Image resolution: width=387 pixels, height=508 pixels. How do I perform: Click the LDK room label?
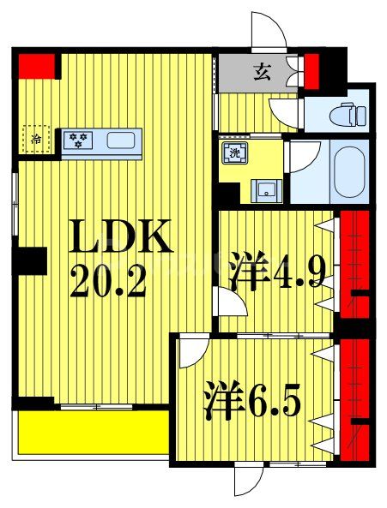(x=120, y=236)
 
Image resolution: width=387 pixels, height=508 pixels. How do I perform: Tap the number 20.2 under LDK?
(x=107, y=281)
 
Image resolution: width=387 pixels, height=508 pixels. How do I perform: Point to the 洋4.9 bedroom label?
(x=276, y=270)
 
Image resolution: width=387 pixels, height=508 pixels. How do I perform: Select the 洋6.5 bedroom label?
(x=251, y=399)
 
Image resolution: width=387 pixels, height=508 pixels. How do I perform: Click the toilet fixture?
(x=348, y=114)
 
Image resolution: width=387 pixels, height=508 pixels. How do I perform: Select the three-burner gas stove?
(x=78, y=140)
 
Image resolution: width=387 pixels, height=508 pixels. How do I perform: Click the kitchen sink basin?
(x=121, y=140)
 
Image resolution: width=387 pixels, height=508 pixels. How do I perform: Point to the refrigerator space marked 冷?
(x=36, y=140)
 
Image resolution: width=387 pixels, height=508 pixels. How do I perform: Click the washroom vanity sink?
(x=267, y=192)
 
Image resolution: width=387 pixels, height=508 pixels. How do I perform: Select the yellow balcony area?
(x=94, y=433)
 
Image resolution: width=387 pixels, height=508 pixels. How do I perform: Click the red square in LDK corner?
(x=36, y=66)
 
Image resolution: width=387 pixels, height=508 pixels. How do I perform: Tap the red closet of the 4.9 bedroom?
(x=354, y=264)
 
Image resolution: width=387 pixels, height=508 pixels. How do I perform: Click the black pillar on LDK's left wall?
(x=29, y=261)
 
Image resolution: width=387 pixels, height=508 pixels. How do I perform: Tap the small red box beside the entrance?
(x=311, y=72)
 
